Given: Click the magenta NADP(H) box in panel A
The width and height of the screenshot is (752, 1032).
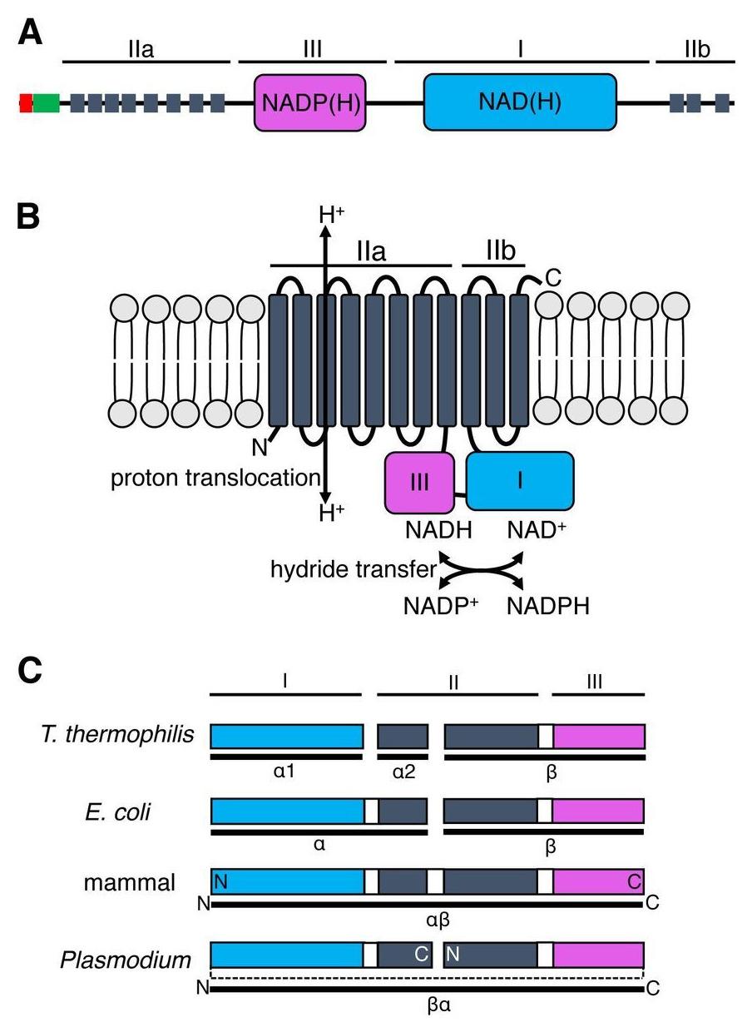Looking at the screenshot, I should (x=309, y=102).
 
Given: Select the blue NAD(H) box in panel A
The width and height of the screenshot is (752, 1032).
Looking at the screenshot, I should (x=520, y=102).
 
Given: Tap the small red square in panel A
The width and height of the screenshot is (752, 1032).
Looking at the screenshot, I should (x=26, y=103).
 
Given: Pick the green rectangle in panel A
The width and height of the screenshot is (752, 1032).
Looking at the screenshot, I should (x=47, y=103).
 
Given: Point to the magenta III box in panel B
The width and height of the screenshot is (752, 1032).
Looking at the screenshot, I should (x=419, y=482).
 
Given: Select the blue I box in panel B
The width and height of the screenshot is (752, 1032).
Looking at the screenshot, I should (x=520, y=481).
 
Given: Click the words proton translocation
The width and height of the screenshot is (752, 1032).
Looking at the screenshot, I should (x=215, y=478).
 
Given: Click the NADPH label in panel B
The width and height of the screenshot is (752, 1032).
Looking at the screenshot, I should (x=547, y=606).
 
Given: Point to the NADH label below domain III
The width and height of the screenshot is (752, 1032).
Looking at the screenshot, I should (x=438, y=531).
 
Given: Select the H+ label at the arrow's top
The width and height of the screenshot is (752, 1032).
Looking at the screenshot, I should (x=332, y=214).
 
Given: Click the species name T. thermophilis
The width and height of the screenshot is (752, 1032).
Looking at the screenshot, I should (x=116, y=735).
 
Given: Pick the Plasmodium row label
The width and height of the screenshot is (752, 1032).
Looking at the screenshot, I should (x=126, y=960).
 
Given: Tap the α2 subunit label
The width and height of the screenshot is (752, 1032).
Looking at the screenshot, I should (x=403, y=772).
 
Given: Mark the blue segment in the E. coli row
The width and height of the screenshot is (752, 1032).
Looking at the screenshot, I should (x=288, y=811).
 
